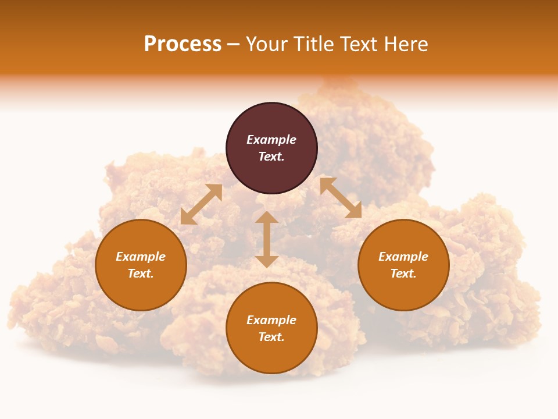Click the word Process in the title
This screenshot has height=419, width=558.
pyautogui.click(x=183, y=44)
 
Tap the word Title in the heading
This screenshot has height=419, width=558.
pyautogui.click(x=312, y=44)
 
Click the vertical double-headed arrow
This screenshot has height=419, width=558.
pyautogui.click(x=267, y=239)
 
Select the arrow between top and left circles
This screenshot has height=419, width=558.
pyautogui.click(x=201, y=204)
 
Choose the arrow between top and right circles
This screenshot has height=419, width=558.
pyautogui.click(x=341, y=198)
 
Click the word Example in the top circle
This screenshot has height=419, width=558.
pyautogui.click(x=271, y=140)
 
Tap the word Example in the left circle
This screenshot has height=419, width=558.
pyautogui.click(x=141, y=257)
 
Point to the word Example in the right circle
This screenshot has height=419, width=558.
pyautogui.click(x=403, y=257)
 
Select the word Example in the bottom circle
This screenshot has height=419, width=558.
pyautogui.click(x=271, y=320)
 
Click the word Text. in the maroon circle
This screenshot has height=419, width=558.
pyautogui.click(x=271, y=157)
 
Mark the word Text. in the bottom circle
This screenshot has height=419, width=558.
pyautogui.click(x=271, y=337)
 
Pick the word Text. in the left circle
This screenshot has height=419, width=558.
pyautogui.click(x=141, y=274)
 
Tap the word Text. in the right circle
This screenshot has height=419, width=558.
pyautogui.click(x=403, y=274)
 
